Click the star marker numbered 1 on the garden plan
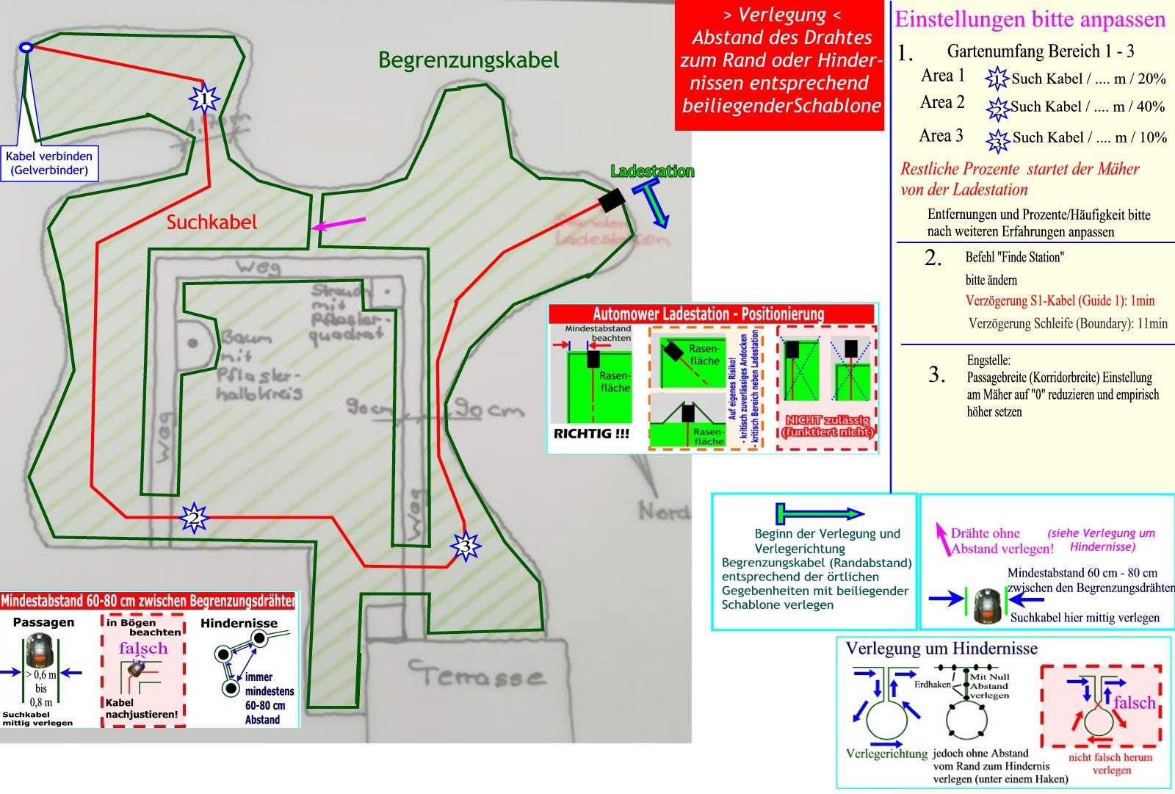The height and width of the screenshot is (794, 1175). click(204, 98)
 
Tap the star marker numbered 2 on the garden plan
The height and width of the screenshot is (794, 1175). click(194, 518)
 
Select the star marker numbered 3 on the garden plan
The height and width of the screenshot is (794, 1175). click(465, 546)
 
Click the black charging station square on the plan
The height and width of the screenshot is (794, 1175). click(611, 200)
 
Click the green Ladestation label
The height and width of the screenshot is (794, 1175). click(652, 172)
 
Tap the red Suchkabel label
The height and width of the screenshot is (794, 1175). click(211, 223)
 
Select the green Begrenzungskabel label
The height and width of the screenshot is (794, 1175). click(469, 60)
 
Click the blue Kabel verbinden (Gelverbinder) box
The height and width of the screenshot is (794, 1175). click(49, 163)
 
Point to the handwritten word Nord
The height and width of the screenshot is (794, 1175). click(664, 511)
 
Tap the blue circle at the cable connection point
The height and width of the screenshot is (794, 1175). click(26, 48)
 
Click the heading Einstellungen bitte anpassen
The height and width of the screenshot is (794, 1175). click(1030, 20)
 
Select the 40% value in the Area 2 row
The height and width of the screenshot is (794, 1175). click(1149, 107)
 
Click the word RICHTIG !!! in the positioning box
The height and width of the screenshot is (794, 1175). click(591, 433)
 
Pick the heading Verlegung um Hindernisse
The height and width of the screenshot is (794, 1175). click(941, 649)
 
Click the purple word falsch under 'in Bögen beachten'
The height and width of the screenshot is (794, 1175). click(143, 649)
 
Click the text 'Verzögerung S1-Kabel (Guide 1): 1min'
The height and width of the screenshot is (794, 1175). click(1060, 300)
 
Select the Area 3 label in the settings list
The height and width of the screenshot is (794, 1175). click(941, 136)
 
